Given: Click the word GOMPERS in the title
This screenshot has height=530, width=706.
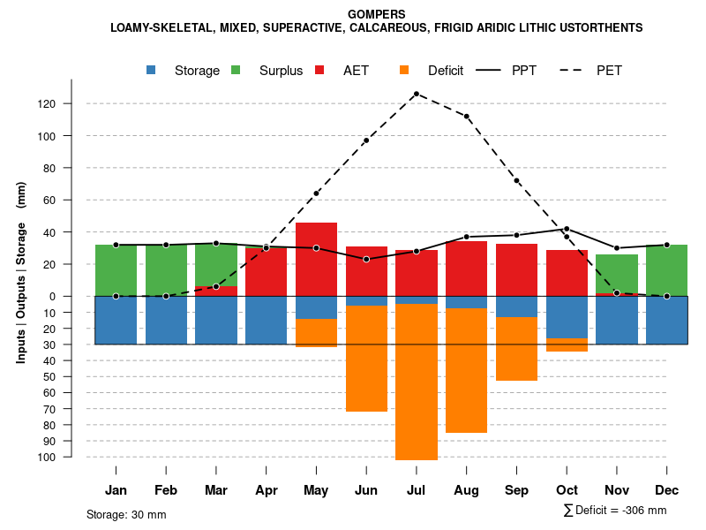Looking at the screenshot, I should [x=377, y=14].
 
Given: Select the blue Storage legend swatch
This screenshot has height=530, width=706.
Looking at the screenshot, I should [x=152, y=70].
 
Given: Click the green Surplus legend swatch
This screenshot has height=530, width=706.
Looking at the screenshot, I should [x=236, y=70].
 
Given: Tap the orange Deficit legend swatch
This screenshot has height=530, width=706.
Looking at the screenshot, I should [x=404, y=70].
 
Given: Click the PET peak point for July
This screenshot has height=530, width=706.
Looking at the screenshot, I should [x=416, y=94].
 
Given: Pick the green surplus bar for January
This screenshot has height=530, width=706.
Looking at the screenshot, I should [x=116, y=269].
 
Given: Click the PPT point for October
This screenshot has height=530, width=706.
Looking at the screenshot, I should [x=567, y=229].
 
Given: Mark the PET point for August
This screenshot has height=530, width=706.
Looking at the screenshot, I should [x=466, y=117].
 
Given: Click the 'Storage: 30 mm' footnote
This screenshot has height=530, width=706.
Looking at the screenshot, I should [x=126, y=514].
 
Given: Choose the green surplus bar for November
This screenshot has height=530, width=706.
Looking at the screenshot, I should [x=616, y=273].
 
